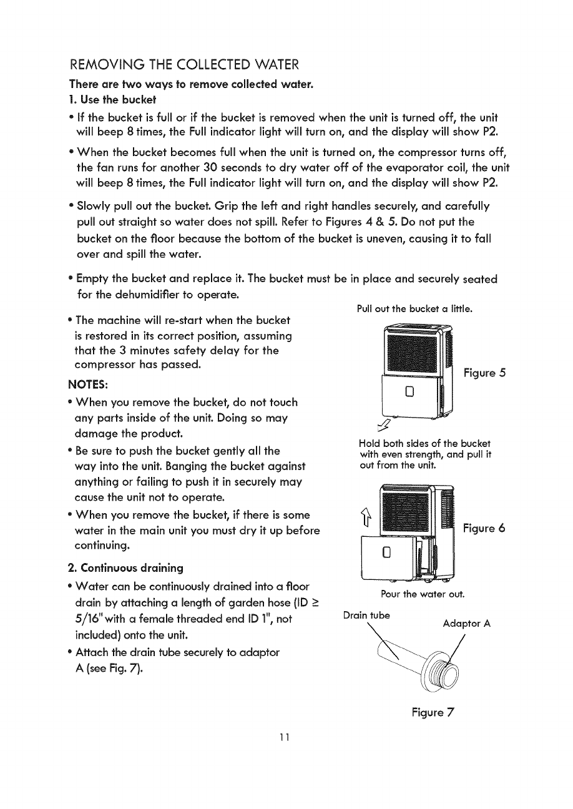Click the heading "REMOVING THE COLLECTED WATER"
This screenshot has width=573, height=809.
coord(185,65)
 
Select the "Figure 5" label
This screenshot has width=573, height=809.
coord(484,373)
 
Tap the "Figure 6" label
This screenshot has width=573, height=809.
coord(484,528)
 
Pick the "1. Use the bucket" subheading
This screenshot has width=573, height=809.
coord(111,100)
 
